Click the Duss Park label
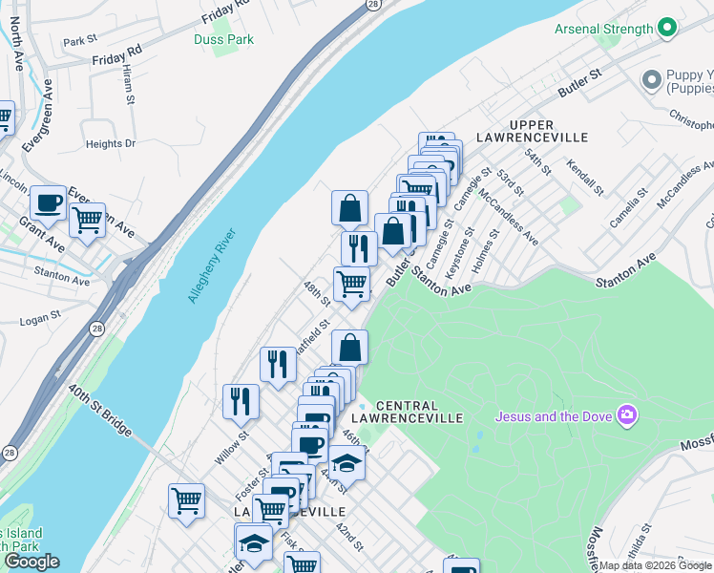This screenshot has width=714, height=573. pyautogui.click(x=224, y=39)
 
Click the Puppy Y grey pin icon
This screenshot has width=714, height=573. pyautogui.click(x=653, y=79)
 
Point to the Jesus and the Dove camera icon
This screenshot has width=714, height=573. pyautogui.click(x=627, y=414)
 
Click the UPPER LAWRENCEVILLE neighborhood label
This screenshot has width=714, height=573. pyautogui.click(x=548, y=132)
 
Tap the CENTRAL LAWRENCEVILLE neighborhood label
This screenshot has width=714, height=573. pyautogui.click(x=407, y=413)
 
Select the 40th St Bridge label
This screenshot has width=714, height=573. pyautogui.click(x=99, y=411)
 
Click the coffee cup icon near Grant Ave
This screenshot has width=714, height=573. pyautogui.click(x=48, y=203)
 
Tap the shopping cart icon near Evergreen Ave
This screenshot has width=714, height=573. pyautogui.click(x=87, y=221)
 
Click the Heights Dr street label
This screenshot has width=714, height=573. pyautogui.click(x=111, y=144)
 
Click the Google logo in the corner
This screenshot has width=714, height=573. pyautogui.click(x=31, y=562)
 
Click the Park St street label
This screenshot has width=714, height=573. pyautogui.click(x=80, y=41)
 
